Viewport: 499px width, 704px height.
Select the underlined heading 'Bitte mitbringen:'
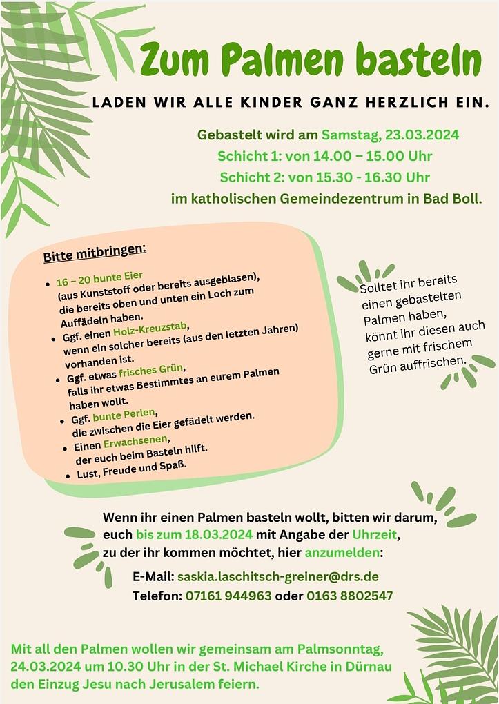(95, 253)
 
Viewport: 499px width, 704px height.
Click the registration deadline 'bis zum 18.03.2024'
(195, 535)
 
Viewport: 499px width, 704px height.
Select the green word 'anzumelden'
(342, 553)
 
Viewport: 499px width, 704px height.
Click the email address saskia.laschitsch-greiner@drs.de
(277, 576)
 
